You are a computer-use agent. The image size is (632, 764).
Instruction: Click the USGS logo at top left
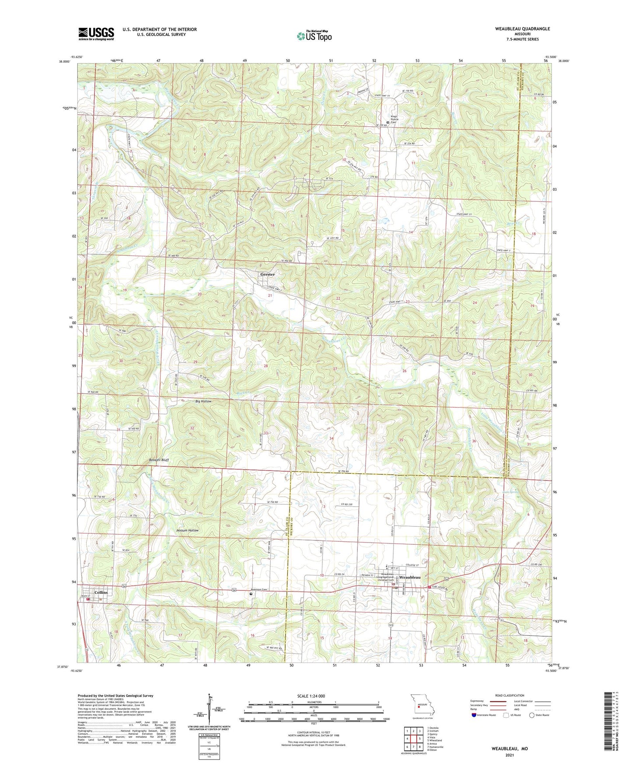[x=96, y=34]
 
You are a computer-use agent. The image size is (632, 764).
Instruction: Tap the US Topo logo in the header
[x=314, y=36]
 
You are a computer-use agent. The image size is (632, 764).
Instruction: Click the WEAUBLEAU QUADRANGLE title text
[x=516, y=29]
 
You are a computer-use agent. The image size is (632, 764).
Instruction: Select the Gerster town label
[x=267, y=274]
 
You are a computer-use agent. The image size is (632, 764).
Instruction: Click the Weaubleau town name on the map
[x=409, y=578]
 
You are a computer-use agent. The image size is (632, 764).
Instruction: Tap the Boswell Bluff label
[x=158, y=460]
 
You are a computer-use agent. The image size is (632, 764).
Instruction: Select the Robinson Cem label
[x=260, y=589]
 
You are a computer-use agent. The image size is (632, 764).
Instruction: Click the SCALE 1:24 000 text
[x=311, y=696]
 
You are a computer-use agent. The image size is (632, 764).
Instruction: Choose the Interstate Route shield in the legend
[x=475, y=715]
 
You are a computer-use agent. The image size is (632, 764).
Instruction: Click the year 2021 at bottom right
[x=510, y=755]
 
